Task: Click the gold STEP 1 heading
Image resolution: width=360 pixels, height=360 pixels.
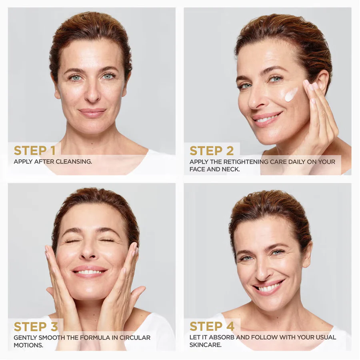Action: click(x=35, y=151)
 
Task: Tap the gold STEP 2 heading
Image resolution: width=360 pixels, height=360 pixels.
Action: click(x=212, y=151)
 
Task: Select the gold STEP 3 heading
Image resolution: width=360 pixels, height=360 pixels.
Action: click(x=36, y=327)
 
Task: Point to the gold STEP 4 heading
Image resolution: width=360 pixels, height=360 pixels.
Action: click(x=212, y=326)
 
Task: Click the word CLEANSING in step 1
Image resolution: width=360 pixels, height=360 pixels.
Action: click(x=74, y=162)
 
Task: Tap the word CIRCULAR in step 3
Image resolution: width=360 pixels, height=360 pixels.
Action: click(x=135, y=338)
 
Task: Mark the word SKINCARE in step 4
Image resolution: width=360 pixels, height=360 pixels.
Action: click(x=206, y=345)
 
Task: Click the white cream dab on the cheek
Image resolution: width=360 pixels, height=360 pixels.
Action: click(x=291, y=94)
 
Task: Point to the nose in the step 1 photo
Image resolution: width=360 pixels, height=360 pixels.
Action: click(x=92, y=93)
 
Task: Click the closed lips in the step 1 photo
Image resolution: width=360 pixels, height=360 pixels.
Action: click(x=92, y=112)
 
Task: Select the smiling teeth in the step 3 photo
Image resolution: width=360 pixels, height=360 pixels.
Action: click(x=89, y=272)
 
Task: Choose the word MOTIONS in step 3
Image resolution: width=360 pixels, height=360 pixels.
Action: click(x=28, y=345)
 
